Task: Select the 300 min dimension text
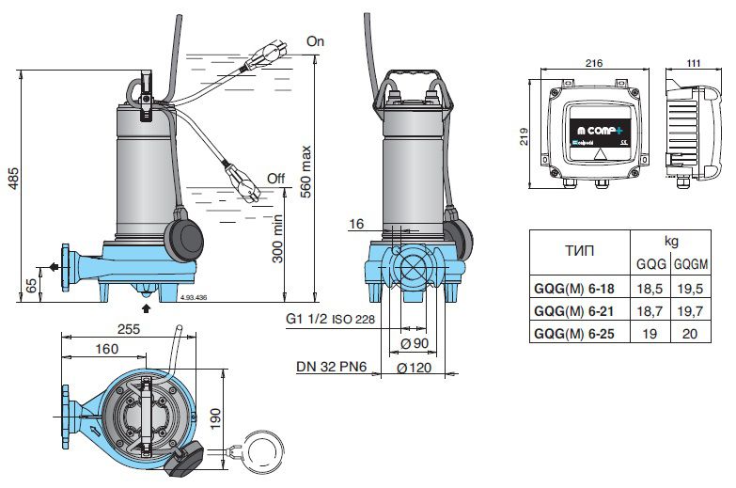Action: point(279,244)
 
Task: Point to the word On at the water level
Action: point(315,42)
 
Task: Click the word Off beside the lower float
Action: point(275,178)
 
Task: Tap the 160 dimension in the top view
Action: point(106,350)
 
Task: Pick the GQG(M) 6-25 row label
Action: point(578,331)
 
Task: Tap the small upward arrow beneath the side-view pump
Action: point(146,307)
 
